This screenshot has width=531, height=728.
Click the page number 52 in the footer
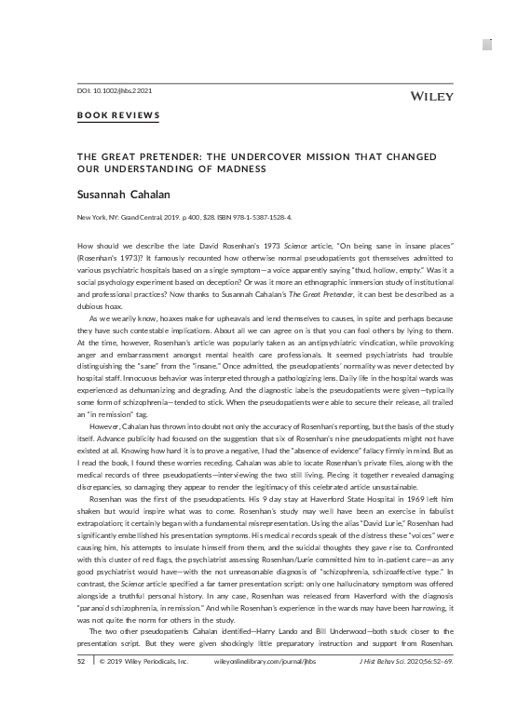click(81, 712)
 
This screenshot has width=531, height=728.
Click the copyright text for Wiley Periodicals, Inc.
click(144, 712)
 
